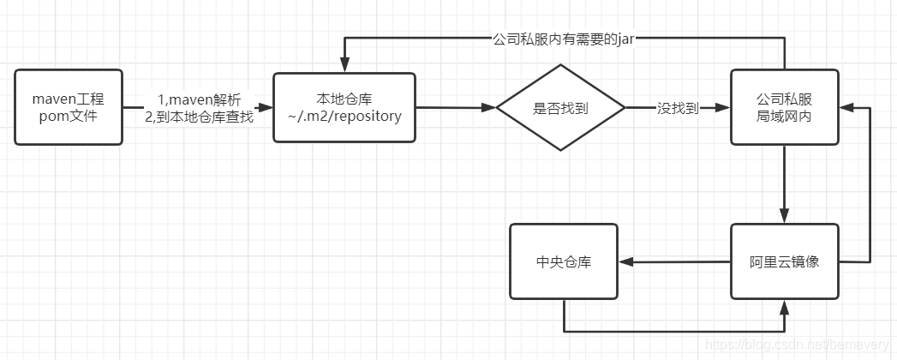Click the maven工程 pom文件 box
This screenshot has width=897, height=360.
(x=69, y=107)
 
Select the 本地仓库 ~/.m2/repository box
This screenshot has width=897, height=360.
(x=344, y=107)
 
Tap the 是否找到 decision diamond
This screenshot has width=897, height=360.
(x=560, y=108)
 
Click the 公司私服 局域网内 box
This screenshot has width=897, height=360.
(x=784, y=107)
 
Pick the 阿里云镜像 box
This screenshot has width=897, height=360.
(x=784, y=261)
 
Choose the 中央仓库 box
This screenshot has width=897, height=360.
(x=564, y=261)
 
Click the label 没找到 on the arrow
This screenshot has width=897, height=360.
(x=678, y=108)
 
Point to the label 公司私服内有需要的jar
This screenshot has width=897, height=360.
(x=564, y=39)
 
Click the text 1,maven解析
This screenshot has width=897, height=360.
(x=199, y=101)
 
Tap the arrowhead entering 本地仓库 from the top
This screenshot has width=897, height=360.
(x=344, y=66)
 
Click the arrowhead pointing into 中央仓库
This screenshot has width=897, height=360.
(x=625, y=261)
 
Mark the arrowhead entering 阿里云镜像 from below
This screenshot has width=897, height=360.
(x=784, y=307)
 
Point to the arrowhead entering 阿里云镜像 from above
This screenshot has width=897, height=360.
(x=784, y=216)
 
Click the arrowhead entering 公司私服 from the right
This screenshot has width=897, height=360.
(x=846, y=107)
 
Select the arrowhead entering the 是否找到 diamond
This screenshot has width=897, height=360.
(x=488, y=107)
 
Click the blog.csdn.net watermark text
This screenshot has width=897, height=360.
(x=797, y=345)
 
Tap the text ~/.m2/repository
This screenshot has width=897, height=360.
(x=345, y=117)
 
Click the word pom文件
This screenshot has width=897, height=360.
(x=69, y=117)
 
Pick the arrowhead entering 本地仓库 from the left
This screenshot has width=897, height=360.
(x=266, y=107)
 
